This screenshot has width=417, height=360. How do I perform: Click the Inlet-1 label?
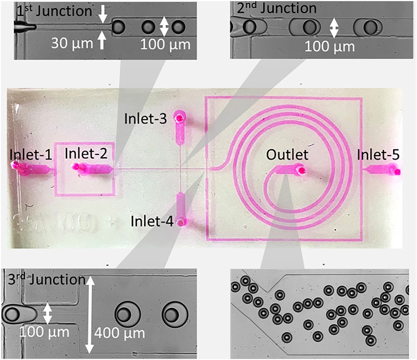tap(31, 154)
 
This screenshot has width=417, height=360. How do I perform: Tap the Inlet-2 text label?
tap(86, 153)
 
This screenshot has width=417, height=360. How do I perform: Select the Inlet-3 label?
tap(145, 119)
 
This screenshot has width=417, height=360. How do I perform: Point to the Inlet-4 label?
tap(152, 221)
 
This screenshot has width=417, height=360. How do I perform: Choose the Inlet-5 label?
tap(378, 154)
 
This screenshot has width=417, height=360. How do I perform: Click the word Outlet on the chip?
tap(287, 155)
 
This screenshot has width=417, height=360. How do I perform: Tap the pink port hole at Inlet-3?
tap(179, 117)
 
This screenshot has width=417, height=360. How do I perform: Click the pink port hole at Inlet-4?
tap(181, 222)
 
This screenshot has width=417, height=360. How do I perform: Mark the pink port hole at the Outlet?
tap(301, 170)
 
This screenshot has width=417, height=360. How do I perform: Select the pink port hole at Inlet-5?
tap(397, 172)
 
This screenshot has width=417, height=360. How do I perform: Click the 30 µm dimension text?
tap(72, 43)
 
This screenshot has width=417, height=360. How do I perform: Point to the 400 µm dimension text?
tap(120, 333)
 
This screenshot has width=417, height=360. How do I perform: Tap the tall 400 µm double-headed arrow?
tap(90, 315)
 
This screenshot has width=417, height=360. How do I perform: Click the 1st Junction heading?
tap(54, 11)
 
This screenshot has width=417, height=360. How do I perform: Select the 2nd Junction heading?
tap(276, 8)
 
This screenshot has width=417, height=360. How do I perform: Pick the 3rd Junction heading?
tap(47, 279)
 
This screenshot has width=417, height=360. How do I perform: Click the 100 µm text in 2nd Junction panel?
tap(330, 47)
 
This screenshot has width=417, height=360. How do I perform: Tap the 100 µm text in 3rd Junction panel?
tap(44, 332)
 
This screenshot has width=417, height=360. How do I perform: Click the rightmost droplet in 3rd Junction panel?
tap(175, 315)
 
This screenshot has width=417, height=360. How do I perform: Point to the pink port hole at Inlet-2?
tap(76, 166)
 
